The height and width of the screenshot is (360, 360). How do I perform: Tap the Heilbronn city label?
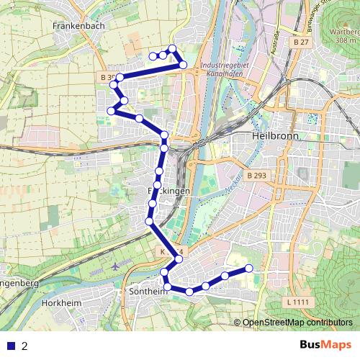(274, 136)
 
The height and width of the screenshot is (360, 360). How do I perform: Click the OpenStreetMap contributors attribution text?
(297, 323)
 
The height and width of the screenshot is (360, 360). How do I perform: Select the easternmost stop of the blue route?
(249, 269)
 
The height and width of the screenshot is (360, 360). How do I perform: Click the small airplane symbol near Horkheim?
(116, 266)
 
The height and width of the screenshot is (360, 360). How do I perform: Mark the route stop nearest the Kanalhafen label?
(183, 66)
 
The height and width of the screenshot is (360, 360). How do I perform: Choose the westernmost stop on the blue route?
(111, 110)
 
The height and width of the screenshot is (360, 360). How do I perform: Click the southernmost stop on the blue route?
(189, 292)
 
